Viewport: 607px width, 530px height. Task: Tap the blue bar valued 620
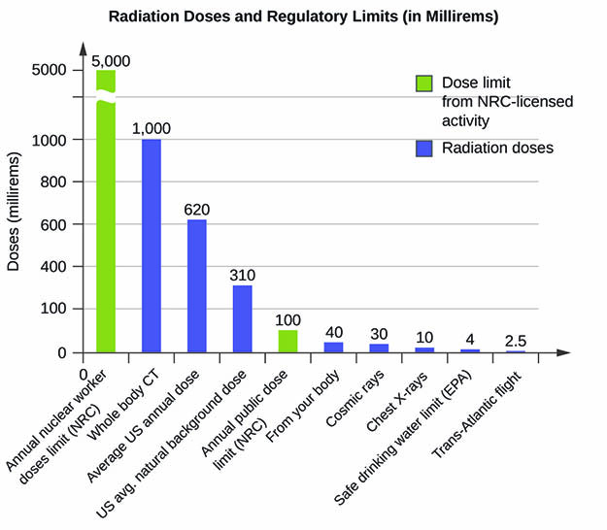[196, 285]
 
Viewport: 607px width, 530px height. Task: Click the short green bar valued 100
[287, 341]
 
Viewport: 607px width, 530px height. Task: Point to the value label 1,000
[152, 128]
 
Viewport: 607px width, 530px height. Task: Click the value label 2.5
[516, 341]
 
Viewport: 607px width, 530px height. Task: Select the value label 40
[333, 332]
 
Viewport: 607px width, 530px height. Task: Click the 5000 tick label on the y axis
[49, 70]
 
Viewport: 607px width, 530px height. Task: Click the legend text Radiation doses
[497, 149]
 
